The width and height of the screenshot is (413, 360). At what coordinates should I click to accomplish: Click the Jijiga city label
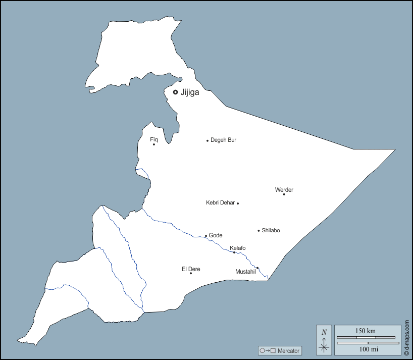pyautogui.click(x=190, y=92)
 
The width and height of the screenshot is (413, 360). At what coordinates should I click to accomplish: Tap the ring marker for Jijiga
pyautogui.click(x=175, y=92)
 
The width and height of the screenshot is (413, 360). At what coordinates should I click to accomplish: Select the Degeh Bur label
pyautogui.click(x=223, y=140)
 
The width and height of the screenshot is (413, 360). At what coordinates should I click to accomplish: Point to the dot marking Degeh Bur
pyautogui.click(x=208, y=140)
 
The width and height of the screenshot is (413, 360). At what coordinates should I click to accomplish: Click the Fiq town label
pyautogui.click(x=154, y=139)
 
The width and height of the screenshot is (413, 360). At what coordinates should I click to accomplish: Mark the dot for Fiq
pyautogui.click(x=154, y=144)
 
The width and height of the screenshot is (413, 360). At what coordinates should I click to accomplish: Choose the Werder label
pyautogui.click(x=284, y=190)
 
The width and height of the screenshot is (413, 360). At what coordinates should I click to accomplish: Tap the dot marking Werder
pyautogui.click(x=284, y=194)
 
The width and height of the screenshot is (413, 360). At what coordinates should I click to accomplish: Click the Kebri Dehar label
pyautogui.click(x=220, y=202)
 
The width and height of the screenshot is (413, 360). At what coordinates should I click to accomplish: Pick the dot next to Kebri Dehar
pyautogui.click(x=238, y=203)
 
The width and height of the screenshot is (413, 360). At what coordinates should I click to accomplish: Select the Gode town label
pyautogui.click(x=216, y=235)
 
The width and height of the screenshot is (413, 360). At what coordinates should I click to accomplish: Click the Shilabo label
pyautogui.click(x=271, y=230)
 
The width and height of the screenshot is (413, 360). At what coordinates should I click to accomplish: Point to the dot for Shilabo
pyautogui.click(x=259, y=231)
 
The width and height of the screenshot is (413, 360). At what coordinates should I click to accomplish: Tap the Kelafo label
pyautogui.click(x=238, y=248)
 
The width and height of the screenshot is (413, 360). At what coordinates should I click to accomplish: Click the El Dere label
pyautogui.click(x=191, y=269)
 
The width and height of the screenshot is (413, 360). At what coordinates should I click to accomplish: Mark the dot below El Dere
pyautogui.click(x=191, y=273)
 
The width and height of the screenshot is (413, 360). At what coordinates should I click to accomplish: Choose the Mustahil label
pyautogui.click(x=245, y=272)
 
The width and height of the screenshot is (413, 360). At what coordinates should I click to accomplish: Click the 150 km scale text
pyautogui.click(x=366, y=331)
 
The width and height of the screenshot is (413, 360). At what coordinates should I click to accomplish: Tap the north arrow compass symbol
pyautogui.click(x=324, y=339)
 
